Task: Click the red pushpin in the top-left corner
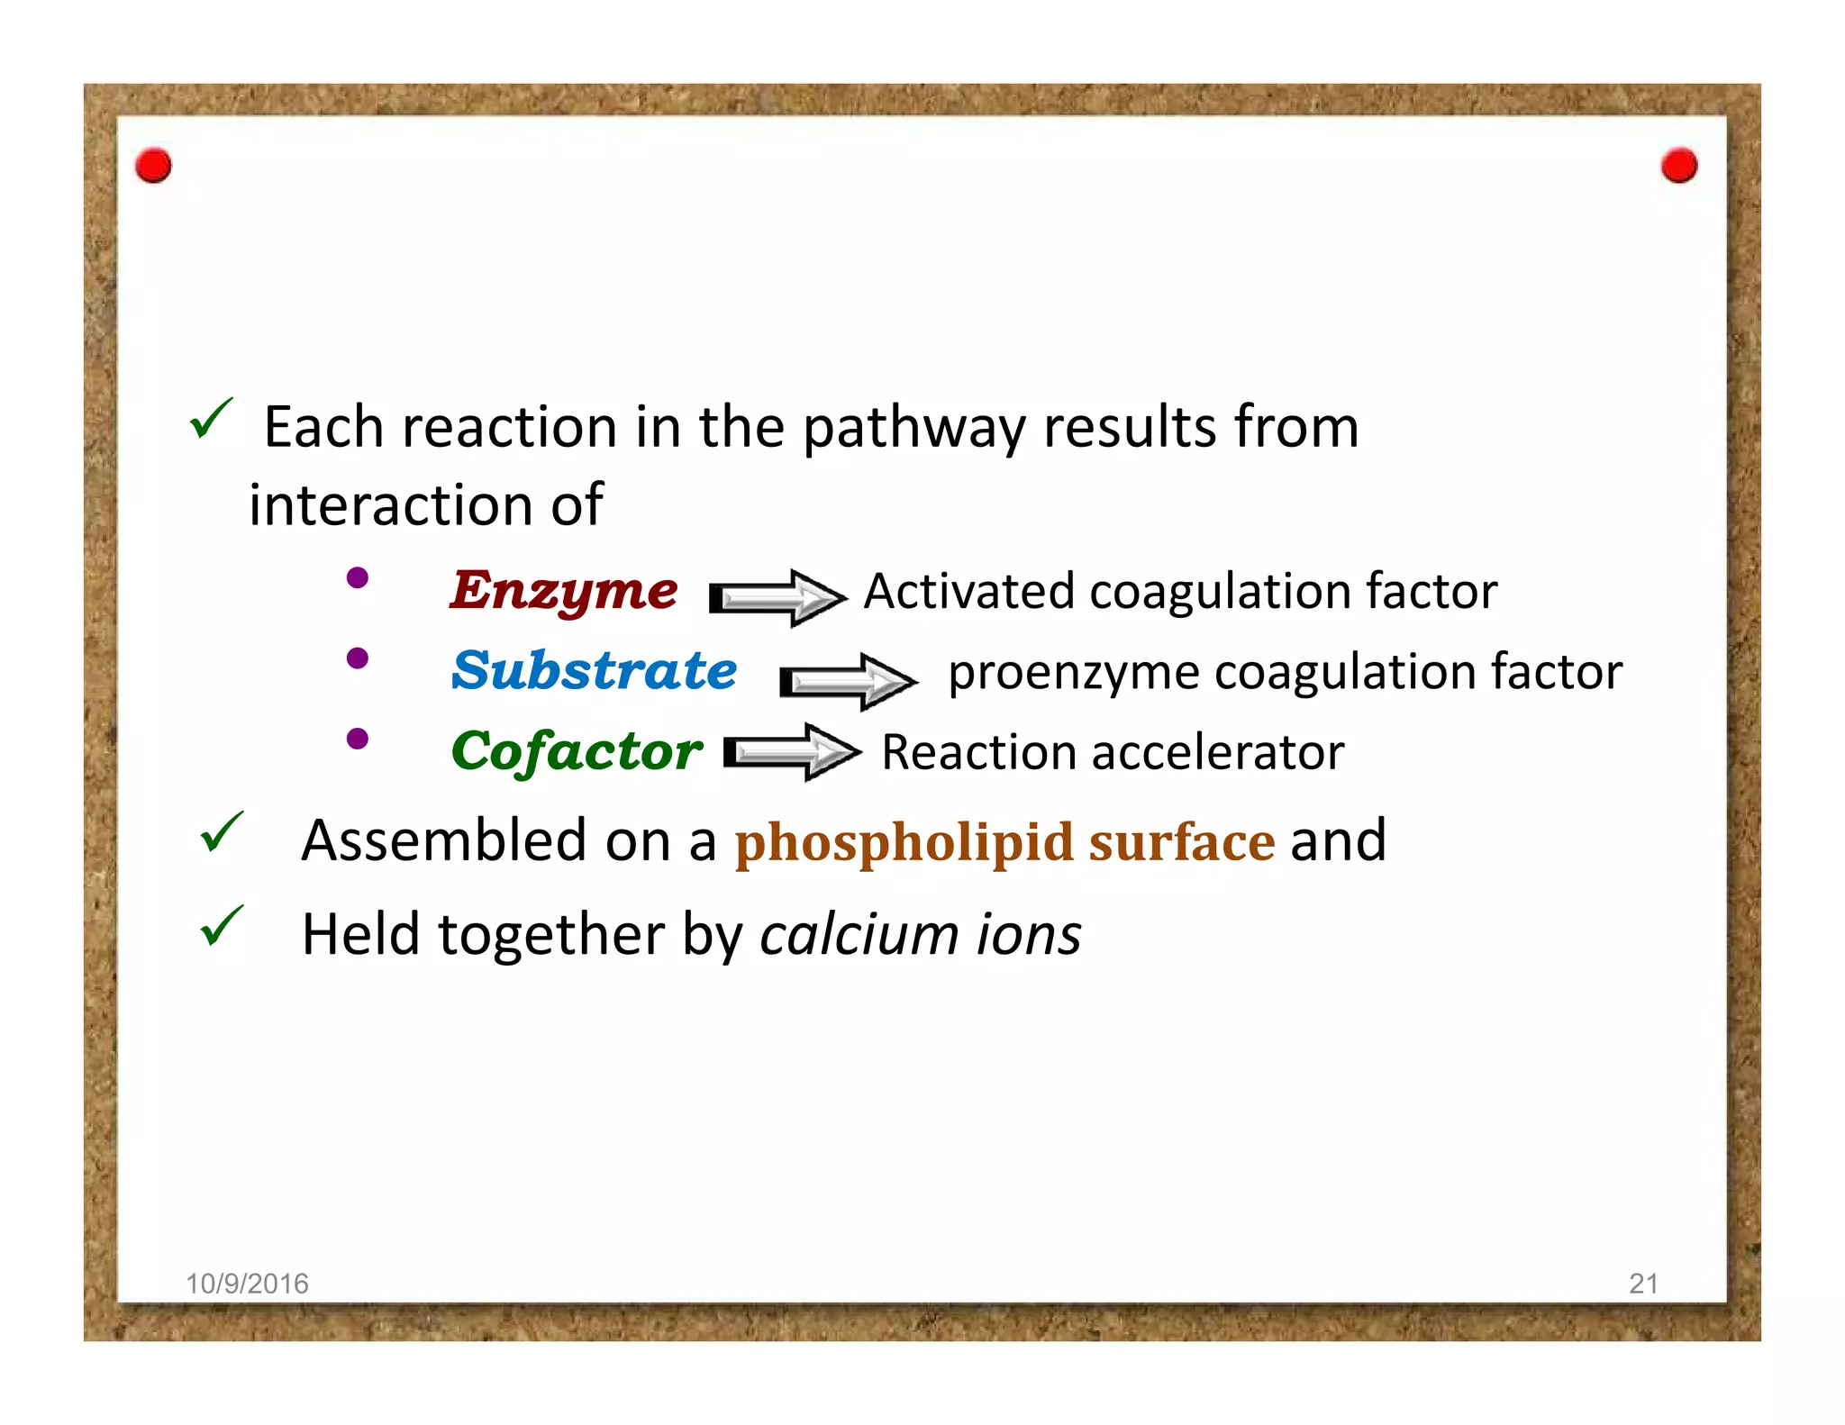[153, 166]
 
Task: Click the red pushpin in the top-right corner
[1679, 166]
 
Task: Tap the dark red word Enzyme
[564, 592]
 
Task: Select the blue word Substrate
[594, 671]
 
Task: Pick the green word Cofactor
[577, 751]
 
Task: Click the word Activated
[969, 592]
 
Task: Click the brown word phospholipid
[904, 842]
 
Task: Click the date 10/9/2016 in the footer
[247, 1283]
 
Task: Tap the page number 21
[1643, 1283]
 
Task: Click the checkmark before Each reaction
[212, 419]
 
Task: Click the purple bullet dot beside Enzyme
[358, 577]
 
